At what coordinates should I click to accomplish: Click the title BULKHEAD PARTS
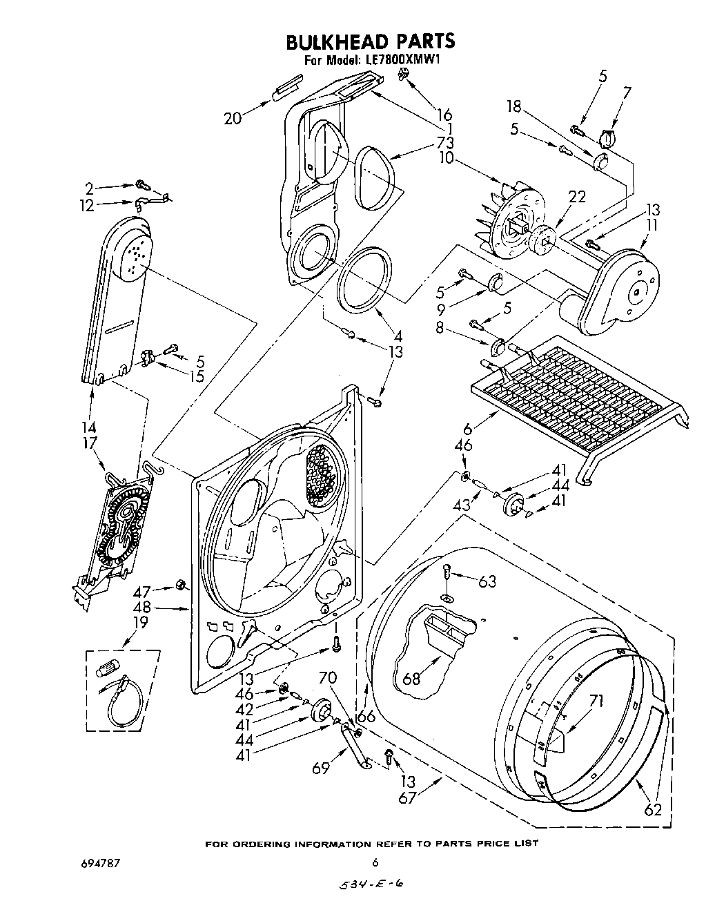coord(370,41)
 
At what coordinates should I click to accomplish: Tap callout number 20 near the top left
coord(233,118)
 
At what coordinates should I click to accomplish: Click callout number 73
coord(445,144)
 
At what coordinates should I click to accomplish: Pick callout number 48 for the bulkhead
coord(161,608)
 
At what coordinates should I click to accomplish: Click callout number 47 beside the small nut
coord(161,592)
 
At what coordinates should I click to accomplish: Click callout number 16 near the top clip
coord(444,115)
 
